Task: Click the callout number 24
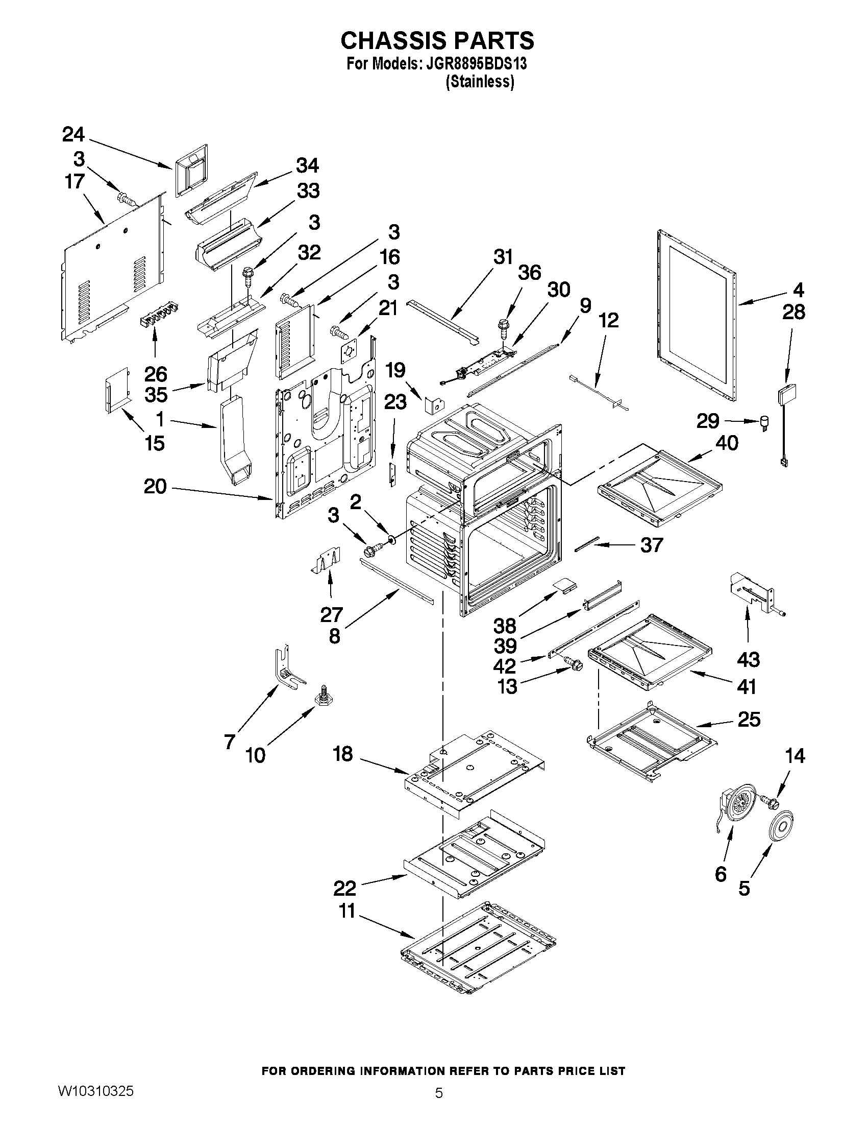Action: click(73, 135)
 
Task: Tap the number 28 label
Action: click(793, 313)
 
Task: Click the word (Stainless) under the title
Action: click(479, 81)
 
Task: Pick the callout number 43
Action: click(748, 659)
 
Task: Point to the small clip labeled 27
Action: click(328, 560)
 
